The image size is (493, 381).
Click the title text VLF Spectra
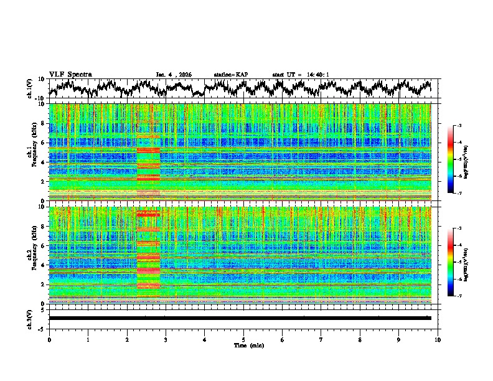(x=70, y=74)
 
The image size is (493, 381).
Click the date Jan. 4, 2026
(x=174, y=75)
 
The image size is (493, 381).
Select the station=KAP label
(x=230, y=75)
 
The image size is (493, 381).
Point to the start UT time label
(x=301, y=75)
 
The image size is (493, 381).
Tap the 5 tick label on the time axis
(x=243, y=339)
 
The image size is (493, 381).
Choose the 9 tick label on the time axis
(x=399, y=339)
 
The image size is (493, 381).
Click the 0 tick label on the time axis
(x=49, y=339)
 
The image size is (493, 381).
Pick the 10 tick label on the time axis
(x=438, y=339)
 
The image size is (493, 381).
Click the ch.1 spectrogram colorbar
(x=456, y=159)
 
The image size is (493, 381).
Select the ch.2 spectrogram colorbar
(x=456, y=262)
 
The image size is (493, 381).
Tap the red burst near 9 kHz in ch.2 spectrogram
(x=148, y=214)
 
